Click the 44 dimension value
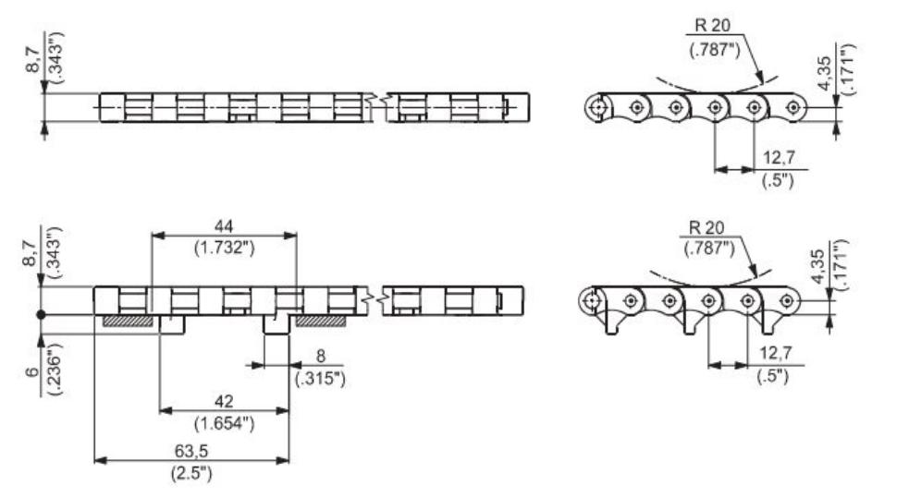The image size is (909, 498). click(x=224, y=225)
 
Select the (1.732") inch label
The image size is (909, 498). click(x=224, y=247)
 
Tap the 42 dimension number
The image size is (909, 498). click(x=223, y=400)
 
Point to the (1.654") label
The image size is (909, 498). click(x=223, y=423)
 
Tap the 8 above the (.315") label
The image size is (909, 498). click(x=320, y=357)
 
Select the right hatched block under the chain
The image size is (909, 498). click(x=320, y=321)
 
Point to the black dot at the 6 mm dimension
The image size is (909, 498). click(x=42, y=315)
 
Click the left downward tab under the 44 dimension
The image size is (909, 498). click(x=172, y=324)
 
